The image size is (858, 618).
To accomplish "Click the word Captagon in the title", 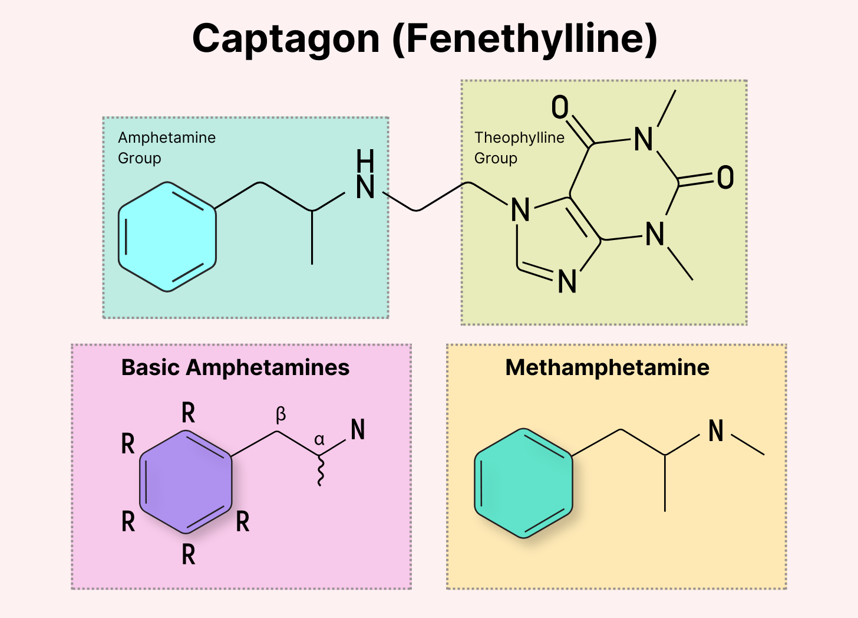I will click(286, 40).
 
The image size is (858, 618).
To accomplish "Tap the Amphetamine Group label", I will click(167, 147).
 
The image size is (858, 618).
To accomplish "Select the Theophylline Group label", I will click(519, 147).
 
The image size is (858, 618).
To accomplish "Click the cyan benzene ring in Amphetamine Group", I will click(167, 236).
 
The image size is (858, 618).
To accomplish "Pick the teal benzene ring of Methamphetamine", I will click(523, 483).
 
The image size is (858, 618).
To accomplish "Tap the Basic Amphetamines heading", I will click(235, 367).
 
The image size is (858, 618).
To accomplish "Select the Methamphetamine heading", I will click(607, 367).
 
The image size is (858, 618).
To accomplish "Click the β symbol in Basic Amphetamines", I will click(281, 415).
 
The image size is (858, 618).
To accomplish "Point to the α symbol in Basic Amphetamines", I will click(319, 440).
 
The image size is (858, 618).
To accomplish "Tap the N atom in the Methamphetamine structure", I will click(716, 431).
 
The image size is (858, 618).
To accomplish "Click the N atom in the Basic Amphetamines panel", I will click(358, 430).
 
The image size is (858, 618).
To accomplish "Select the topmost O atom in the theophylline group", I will click(560, 107).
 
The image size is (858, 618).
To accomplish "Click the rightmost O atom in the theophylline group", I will click(725, 177).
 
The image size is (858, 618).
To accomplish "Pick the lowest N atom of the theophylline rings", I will click(567, 282).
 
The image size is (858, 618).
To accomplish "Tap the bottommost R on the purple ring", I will click(188, 554).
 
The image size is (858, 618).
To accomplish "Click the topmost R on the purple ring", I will click(188, 413).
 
